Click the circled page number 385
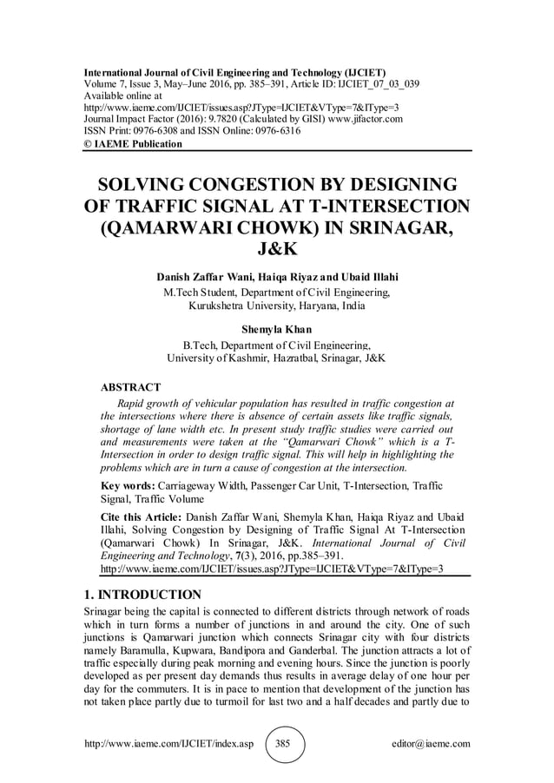click(x=282, y=745)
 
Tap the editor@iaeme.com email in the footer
click(x=431, y=745)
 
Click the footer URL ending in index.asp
click(x=166, y=745)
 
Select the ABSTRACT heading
click(x=131, y=386)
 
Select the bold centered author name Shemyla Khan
click(x=276, y=329)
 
